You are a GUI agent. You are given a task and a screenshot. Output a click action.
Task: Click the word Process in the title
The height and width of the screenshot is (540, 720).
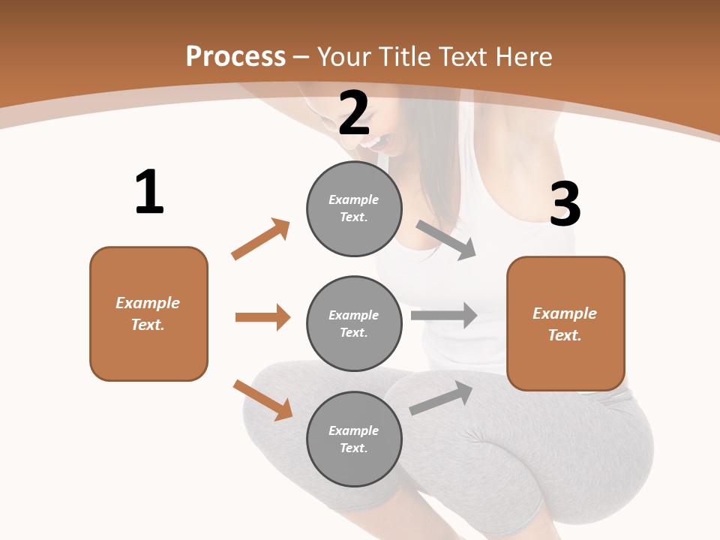[235, 57]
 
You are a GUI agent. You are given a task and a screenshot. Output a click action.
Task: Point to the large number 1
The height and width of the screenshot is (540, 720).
[149, 193]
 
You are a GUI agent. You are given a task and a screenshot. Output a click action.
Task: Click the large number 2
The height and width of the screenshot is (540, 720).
[354, 114]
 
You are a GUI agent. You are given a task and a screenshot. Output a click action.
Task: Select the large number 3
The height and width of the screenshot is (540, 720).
[565, 205]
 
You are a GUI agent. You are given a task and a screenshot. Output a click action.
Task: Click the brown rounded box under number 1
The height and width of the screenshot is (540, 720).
[148, 313]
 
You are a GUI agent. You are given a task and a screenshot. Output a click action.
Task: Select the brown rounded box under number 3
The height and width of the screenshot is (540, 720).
[565, 324]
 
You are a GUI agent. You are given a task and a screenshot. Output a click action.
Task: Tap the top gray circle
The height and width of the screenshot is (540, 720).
[354, 208]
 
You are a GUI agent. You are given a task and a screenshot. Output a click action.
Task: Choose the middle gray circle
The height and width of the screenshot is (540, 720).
[354, 324]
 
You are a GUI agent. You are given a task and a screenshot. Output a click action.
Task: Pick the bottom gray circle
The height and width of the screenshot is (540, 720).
[354, 439]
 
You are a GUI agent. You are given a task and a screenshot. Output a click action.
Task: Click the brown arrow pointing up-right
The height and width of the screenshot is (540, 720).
[261, 238]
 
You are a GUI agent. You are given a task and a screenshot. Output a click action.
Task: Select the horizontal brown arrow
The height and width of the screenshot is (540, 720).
[262, 317]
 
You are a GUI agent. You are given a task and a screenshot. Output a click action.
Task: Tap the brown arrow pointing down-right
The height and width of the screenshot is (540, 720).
[263, 400]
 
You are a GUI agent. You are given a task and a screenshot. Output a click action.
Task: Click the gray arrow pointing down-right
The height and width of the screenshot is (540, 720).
[446, 240]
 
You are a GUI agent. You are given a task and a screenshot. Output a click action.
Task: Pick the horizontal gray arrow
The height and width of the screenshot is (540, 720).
[444, 316]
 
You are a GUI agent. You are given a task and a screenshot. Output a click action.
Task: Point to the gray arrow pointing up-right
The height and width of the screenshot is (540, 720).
[441, 398]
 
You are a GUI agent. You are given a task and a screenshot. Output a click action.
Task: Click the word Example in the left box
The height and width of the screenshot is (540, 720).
[148, 303]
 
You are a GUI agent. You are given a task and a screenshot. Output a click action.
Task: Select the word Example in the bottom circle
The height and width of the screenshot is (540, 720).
[353, 430]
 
